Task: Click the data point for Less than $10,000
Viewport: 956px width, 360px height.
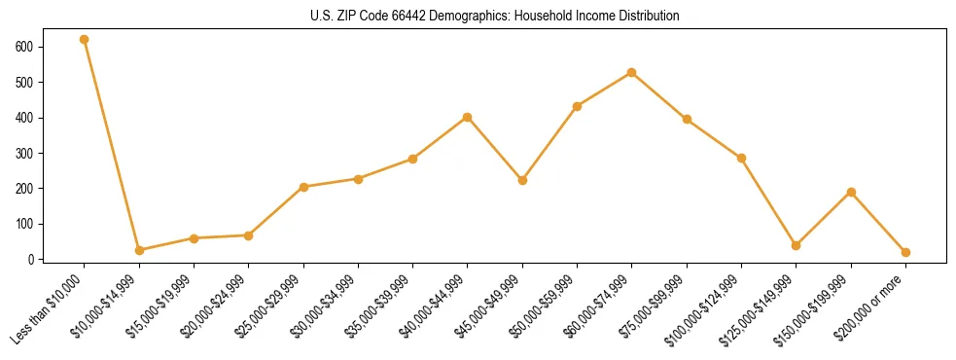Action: pos(85,40)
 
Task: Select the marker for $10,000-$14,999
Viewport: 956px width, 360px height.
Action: pos(139,250)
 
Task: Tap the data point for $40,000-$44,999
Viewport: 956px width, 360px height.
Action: pos(468,117)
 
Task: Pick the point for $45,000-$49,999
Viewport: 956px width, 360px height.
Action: pos(523,180)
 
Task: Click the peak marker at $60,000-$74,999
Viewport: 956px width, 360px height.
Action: pos(632,72)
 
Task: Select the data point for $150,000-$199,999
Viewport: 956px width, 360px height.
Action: pos(852,192)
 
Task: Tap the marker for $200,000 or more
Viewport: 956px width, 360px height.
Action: pos(906,252)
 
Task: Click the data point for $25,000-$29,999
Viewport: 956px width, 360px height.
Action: pos(303,187)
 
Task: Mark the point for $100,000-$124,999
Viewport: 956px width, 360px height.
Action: pos(742,158)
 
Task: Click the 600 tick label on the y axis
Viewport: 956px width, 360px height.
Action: pos(24,47)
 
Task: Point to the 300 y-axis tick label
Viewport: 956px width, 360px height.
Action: pos(24,153)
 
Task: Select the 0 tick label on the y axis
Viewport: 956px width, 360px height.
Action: pos(32,259)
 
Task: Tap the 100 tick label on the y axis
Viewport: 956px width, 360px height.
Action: pos(24,224)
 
